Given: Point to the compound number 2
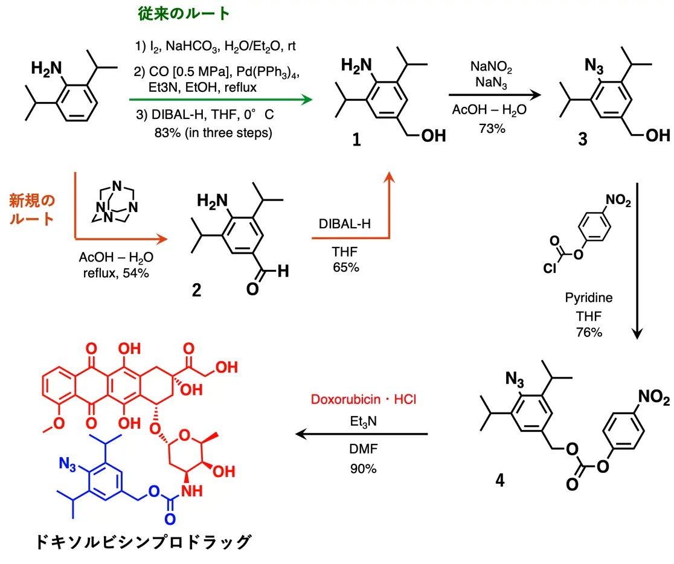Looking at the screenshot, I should click(x=196, y=291).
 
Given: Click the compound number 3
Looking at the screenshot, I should click(x=582, y=140).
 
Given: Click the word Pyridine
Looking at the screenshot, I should click(x=588, y=298).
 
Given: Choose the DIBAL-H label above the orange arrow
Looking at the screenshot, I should click(x=345, y=223).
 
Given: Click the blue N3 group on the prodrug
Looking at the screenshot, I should click(x=69, y=463).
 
